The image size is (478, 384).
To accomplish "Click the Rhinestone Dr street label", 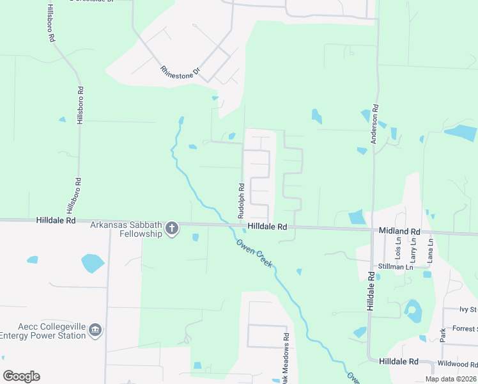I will coord(180,72).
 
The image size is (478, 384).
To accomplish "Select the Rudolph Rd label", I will coord(242,202).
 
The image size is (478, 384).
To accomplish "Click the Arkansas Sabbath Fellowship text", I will coord(126,228).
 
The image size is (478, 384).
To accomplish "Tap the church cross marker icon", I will coord(171,228).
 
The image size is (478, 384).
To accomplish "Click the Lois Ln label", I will coord(399,249).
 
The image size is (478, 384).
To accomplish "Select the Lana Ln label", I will coord(430,249).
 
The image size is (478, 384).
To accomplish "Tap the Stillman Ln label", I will coord(395,267).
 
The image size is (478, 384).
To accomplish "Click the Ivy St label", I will coord(468,310).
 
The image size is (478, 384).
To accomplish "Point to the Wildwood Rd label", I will coord(458,364).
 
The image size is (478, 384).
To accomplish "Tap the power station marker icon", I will coord(95,330).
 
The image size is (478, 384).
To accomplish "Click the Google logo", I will coord(21,376).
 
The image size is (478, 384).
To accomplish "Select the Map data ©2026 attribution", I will coord(451,379).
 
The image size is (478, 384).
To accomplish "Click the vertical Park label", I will coord(442,334).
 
